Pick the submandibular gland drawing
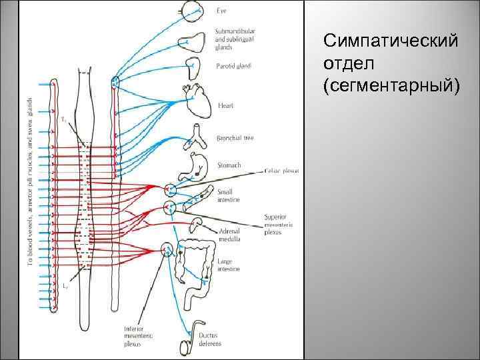194,40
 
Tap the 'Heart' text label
225,105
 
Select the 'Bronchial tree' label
235,138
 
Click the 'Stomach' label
229,163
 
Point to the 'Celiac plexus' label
282,171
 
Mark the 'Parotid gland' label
233,65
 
